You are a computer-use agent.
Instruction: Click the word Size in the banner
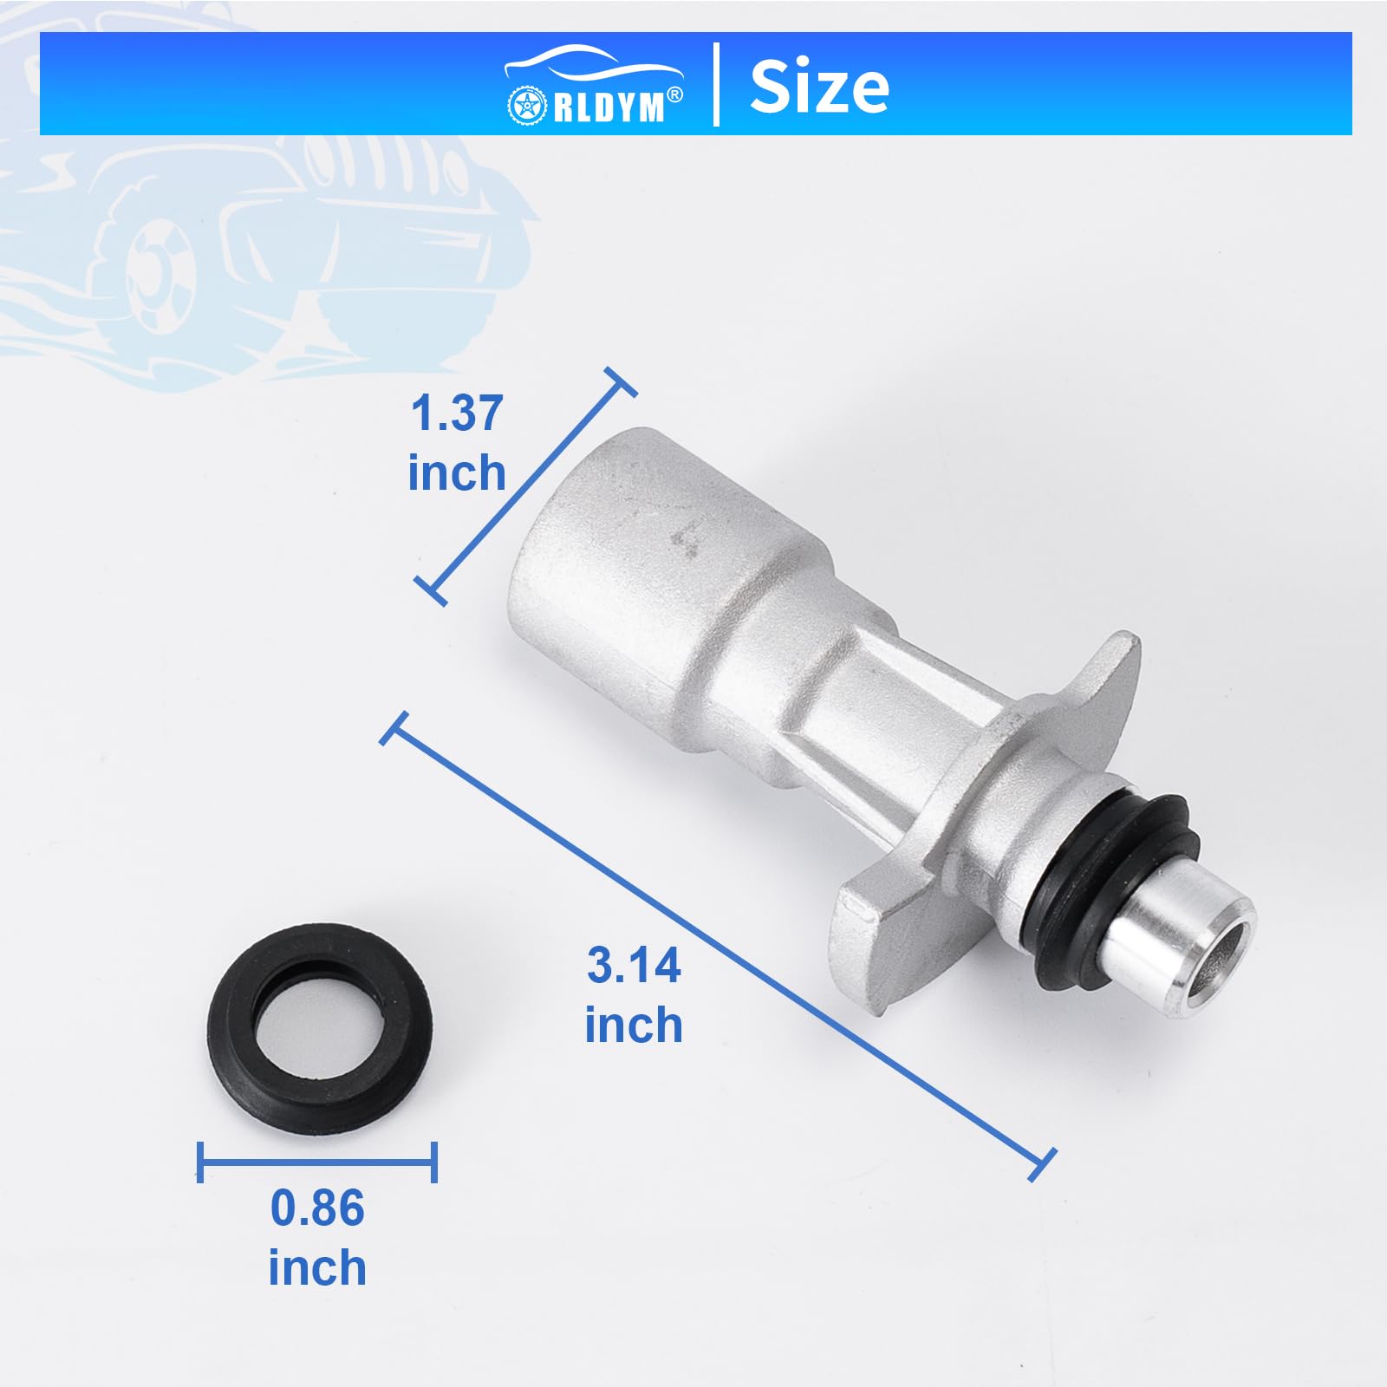coord(818,87)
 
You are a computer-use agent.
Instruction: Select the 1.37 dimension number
coord(457,413)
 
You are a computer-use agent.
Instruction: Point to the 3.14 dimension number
coord(634,966)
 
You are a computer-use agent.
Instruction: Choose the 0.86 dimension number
coord(317,1208)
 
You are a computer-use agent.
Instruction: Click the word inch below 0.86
coord(317,1268)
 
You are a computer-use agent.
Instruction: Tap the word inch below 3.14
coord(634,1026)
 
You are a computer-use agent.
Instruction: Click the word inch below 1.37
coord(457,473)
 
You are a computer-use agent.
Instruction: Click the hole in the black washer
coord(320,1031)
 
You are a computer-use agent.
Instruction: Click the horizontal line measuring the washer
coord(317,1162)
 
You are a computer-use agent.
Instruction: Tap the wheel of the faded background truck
coord(160,273)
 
